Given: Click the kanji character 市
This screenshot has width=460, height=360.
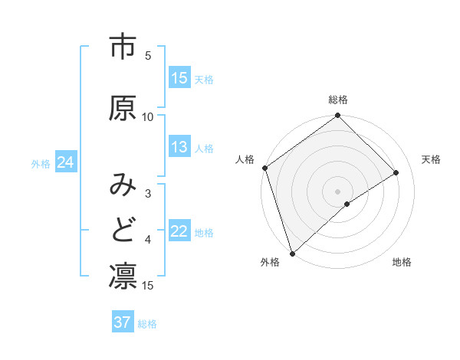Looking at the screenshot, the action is pyautogui.click(x=123, y=47).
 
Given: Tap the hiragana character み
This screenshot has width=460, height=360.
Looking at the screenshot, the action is pyautogui.click(x=123, y=185).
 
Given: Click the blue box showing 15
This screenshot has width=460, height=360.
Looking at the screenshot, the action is pyautogui.click(x=179, y=78).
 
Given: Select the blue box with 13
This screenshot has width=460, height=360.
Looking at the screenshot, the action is pyautogui.click(x=179, y=147).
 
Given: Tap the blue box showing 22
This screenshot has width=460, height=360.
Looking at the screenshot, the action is pyautogui.click(x=179, y=231).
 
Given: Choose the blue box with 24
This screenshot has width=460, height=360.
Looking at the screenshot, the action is pyautogui.click(x=65, y=163).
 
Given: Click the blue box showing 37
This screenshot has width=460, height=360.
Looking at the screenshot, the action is pyautogui.click(x=123, y=322).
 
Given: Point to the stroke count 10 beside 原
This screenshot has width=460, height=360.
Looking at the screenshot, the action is pyautogui.click(x=148, y=116).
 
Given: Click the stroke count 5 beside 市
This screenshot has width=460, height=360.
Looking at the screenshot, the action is pyautogui.click(x=148, y=56).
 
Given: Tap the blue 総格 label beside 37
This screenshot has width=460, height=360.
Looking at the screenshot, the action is pyautogui.click(x=147, y=324).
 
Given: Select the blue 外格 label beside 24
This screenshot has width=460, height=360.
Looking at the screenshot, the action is pyautogui.click(x=41, y=164).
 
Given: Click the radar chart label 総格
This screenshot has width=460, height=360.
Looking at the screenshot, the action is pyautogui.click(x=338, y=100).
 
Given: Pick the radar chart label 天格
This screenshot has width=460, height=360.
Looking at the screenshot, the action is pyautogui.click(x=432, y=159).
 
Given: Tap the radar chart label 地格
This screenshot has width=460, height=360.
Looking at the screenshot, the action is pyautogui.click(x=402, y=262).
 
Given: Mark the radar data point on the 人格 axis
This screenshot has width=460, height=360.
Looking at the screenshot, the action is pyautogui.click(x=264, y=168).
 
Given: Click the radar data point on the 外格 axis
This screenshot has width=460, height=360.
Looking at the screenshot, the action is pyautogui.click(x=291, y=253).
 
